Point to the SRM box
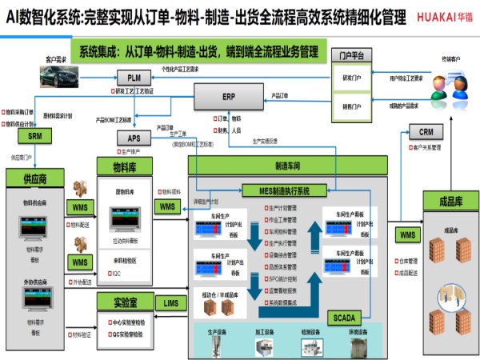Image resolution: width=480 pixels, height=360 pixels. click(x=34, y=136)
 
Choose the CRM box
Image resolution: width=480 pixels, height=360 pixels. click(x=426, y=131)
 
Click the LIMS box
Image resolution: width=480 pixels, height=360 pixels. click(x=170, y=303)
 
